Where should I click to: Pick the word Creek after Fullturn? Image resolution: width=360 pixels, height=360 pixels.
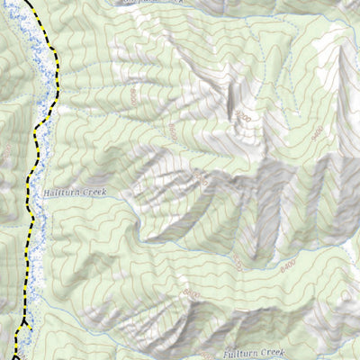click(x=272, y=353)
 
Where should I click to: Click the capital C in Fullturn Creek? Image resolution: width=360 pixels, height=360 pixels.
click(x=262, y=353)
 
